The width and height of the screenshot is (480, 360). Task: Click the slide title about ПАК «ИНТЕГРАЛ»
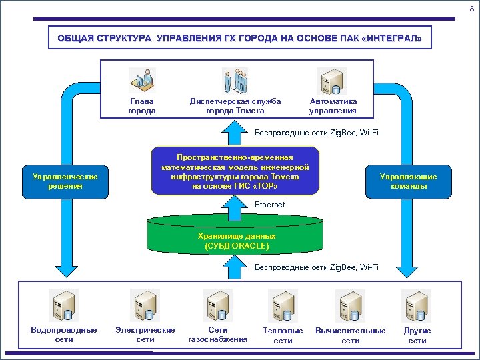(x=239, y=39)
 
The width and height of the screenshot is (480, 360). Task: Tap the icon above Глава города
(x=142, y=81)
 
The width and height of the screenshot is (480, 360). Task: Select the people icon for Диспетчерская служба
(x=235, y=81)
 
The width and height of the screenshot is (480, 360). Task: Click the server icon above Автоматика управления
(x=331, y=81)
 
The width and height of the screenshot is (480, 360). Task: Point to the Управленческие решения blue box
(x=65, y=181)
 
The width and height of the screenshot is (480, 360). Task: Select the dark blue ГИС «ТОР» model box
(x=235, y=171)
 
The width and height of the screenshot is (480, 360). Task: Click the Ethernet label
(x=269, y=205)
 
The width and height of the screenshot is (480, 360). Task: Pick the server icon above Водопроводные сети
(x=63, y=305)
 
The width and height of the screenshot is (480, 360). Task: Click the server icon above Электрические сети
(x=145, y=305)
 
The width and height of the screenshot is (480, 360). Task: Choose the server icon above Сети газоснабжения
(x=218, y=305)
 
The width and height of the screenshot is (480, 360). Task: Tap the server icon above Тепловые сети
(x=283, y=305)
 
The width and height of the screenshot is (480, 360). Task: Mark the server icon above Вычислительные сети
(x=350, y=305)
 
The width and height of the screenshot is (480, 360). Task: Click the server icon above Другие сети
(x=417, y=305)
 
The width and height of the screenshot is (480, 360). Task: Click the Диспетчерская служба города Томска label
(x=235, y=106)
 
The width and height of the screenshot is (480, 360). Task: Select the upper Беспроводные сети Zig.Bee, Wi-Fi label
(x=317, y=133)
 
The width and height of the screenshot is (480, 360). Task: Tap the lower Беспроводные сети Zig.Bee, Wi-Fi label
(x=317, y=267)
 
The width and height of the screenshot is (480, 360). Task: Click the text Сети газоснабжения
(x=218, y=335)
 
